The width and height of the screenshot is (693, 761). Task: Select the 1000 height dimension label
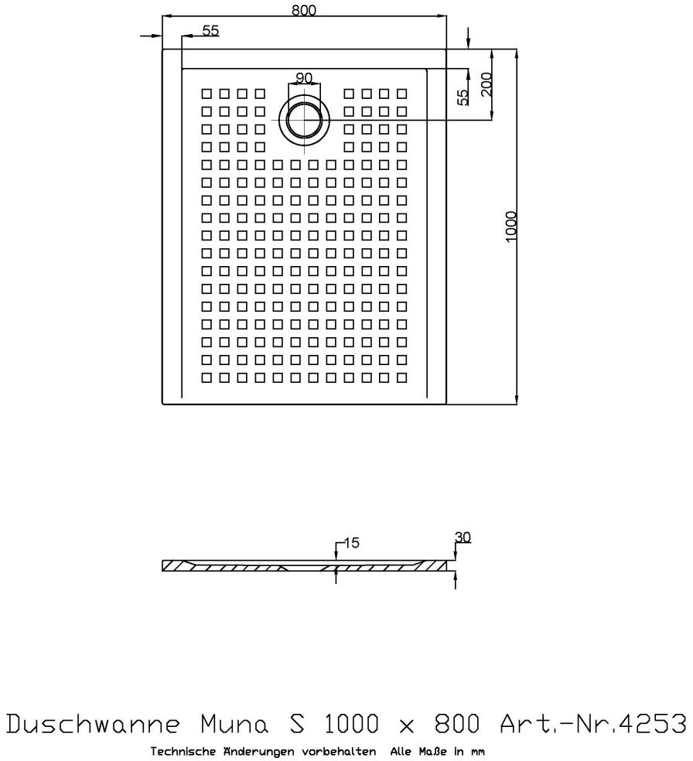pyautogui.click(x=511, y=227)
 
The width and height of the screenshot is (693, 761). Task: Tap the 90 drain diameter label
pyautogui.click(x=303, y=77)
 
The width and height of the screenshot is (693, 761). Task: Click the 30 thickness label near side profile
pyautogui.click(x=463, y=537)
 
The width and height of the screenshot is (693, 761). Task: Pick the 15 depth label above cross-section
pyautogui.click(x=351, y=544)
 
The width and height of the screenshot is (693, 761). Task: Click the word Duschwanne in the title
pyautogui.click(x=94, y=725)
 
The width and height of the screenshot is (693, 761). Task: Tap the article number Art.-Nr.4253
pyautogui.click(x=592, y=725)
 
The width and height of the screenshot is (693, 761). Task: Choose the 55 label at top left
pyautogui.click(x=210, y=30)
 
